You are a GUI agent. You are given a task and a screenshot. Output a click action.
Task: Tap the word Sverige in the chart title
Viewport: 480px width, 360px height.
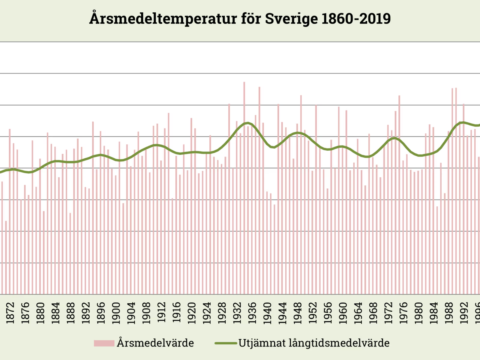(x=290, y=19)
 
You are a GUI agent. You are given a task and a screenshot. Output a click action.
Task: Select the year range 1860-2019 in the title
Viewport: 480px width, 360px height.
(x=356, y=19)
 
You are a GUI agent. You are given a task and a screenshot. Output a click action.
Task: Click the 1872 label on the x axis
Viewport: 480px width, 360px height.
(x=10, y=313)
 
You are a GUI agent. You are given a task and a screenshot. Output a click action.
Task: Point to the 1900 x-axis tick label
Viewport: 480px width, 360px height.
(x=116, y=313)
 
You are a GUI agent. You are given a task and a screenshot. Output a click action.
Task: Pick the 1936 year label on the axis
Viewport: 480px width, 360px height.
(x=252, y=313)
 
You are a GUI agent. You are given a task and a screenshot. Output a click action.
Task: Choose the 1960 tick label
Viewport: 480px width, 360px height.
(x=343, y=313)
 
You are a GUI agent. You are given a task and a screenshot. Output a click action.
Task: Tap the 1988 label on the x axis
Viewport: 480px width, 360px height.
(x=449, y=313)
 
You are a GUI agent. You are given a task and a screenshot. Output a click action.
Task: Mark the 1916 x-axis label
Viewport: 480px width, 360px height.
(x=177, y=313)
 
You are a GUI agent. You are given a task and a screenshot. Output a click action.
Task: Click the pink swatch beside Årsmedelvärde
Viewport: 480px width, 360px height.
(x=104, y=343)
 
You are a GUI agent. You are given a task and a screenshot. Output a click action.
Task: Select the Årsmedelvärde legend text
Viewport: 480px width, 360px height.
(x=155, y=343)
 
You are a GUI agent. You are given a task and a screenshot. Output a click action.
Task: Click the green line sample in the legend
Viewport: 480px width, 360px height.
(x=226, y=343)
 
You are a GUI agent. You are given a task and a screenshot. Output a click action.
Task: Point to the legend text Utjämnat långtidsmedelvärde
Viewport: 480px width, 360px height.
(x=314, y=343)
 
